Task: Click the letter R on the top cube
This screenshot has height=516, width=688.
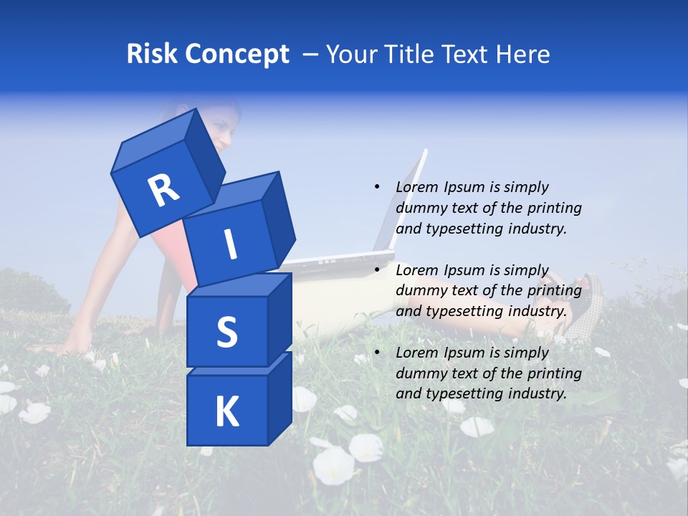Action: pos(163,191)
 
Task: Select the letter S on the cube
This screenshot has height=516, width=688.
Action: pos(226,332)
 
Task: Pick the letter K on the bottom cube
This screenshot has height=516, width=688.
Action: pos(226,411)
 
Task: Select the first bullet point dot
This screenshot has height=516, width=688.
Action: pos(377,187)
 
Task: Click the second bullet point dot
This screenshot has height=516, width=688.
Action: pos(377,270)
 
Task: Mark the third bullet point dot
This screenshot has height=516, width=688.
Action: pos(377,353)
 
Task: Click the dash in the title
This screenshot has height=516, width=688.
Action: pos(311,54)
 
